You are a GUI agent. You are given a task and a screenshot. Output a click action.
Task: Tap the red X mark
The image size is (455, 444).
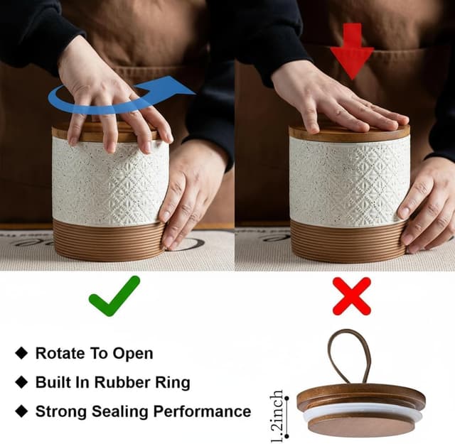pyautogui.click(x=352, y=296)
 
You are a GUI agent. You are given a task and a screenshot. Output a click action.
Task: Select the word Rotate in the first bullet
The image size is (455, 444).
pyautogui.click(x=60, y=353)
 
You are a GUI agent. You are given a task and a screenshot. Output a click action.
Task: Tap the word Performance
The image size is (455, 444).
pyautogui.click(x=202, y=411)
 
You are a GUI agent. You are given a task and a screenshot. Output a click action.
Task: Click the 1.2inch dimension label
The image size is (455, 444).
pyautogui.click(x=277, y=416)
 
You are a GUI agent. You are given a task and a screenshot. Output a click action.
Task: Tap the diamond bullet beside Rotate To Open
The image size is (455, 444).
pyautogui.click(x=21, y=353)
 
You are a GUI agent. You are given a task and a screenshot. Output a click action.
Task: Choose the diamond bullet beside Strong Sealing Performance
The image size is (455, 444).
pyautogui.click(x=21, y=411)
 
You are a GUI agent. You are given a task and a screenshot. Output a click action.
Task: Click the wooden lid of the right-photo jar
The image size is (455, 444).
pyautogui.click(x=349, y=134)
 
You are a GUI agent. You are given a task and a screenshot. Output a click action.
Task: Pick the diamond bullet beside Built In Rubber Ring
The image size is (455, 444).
pyautogui.click(x=21, y=382)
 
